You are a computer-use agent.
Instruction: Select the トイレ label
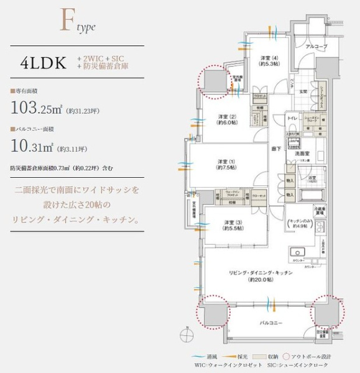292,117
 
